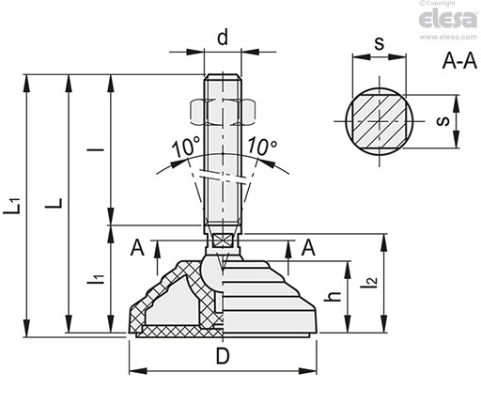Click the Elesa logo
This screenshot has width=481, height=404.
[447, 19]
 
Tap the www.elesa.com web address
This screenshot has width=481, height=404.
[448, 37]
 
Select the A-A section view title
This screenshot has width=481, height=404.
[459, 61]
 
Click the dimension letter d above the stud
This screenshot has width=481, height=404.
[223, 38]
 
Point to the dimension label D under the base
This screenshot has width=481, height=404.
[223, 356]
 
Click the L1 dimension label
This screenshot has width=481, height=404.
[12, 206]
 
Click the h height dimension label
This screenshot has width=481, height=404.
[333, 296]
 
